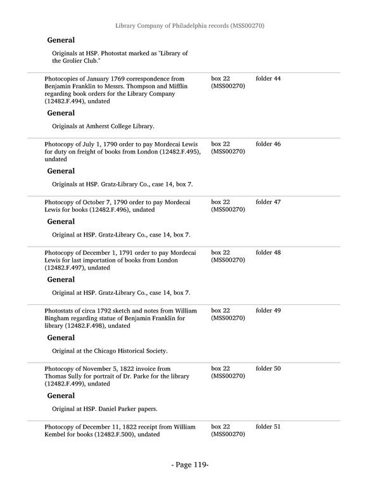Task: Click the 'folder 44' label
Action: tap(268, 79)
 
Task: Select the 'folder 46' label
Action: tap(268, 144)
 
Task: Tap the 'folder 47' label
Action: tap(268, 202)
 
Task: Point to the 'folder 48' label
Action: tap(268, 252)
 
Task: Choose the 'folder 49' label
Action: tap(268, 311)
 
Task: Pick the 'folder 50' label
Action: tap(268, 368)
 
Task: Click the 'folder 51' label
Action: tap(268, 427)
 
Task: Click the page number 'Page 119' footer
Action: tap(190, 465)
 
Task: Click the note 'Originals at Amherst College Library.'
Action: tap(103, 126)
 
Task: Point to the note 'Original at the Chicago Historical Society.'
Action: tap(110, 351)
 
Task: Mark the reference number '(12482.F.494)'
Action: tap(65, 101)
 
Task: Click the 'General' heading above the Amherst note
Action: tap(61, 113)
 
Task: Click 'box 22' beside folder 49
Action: tap(220, 311)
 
